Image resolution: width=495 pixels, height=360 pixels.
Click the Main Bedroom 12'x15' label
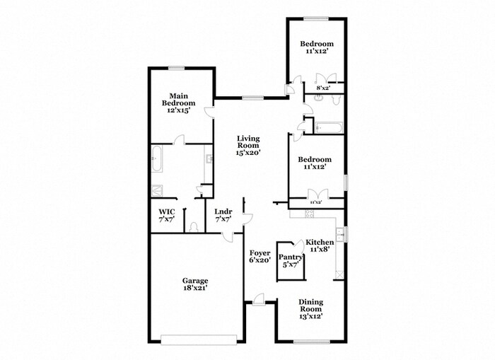tap(177, 103)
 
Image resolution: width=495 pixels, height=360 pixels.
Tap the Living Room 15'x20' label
tap(248, 145)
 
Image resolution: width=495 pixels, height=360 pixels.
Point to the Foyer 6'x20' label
tap(260, 255)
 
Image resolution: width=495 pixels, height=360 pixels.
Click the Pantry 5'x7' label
tap(290, 261)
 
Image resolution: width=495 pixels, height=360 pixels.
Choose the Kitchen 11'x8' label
tap(320, 245)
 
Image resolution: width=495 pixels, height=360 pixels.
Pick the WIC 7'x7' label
tap(166, 215)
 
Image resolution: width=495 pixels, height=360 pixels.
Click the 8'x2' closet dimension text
tap(322, 88)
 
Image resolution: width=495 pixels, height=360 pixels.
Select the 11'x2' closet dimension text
tap(317, 202)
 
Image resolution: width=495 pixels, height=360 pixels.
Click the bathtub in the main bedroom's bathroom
tap(158, 159)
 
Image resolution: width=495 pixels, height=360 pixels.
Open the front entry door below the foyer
tap(260, 301)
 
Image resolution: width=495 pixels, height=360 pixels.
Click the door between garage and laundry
tap(228, 237)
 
